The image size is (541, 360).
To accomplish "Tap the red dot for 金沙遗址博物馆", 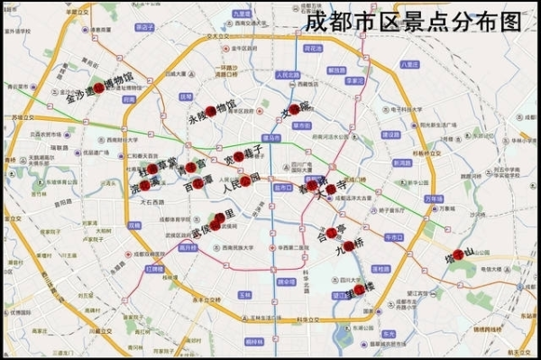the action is (97, 87).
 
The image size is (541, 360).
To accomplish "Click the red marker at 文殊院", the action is (303, 106).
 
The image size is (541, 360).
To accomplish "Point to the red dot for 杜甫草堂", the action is (152, 169).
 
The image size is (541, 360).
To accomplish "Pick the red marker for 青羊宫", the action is (191, 168).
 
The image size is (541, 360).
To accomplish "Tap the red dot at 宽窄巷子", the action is (239, 157).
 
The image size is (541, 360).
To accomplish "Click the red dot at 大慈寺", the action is (331, 189).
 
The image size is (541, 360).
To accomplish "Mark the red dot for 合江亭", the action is (332, 233).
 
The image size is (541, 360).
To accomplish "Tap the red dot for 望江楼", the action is (359, 290).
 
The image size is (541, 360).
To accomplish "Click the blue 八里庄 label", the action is (410, 64).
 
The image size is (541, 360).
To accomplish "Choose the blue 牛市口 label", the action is (391, 235).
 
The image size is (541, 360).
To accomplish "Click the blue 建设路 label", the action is (390, 134).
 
